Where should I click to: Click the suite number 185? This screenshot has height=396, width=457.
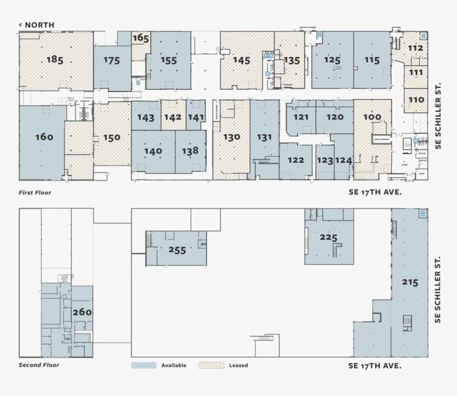pyautogui.click(x=55, y=59)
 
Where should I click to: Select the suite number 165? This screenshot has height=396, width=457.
pyautogui.click(x=141, y=38)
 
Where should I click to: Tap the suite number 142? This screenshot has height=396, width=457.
pyautogui.click(x=173, y=118)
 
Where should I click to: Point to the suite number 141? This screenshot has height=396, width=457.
pyautogui.click(x=196, y=118)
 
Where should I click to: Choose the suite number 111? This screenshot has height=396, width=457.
pyautogui.click(x=416, y=72)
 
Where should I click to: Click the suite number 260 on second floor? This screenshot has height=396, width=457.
pyautogui.click(x=82, y=312)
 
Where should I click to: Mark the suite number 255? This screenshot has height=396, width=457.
pyautogui.click(x=177, y=250)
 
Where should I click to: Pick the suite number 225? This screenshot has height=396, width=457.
pyautogui.click(x=329, y=237)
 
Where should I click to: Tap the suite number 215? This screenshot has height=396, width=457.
pyautogui.click(x=410, y=282)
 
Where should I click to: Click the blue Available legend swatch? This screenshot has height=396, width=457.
pyautogui.click(x=143, y=366)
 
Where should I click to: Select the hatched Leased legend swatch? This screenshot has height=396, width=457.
pyautogui.click(x=211, y=366)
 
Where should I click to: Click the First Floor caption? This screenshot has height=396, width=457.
pyautogui.click(x=35, y=193)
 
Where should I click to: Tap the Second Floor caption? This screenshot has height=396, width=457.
pyautogui.click(x=39, y=365)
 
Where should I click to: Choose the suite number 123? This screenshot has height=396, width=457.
pyautogui.click(x=325, y=160)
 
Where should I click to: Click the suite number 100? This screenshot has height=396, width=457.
pyautogui.click(x=373, y=117)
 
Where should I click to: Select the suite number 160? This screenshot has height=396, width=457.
pyautogui.click(x=44, y=137)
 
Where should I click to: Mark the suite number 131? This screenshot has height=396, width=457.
pyautogui.click(x=264, y=137)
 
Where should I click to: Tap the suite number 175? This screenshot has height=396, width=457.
pyautogui.click(x=112, y=61)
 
